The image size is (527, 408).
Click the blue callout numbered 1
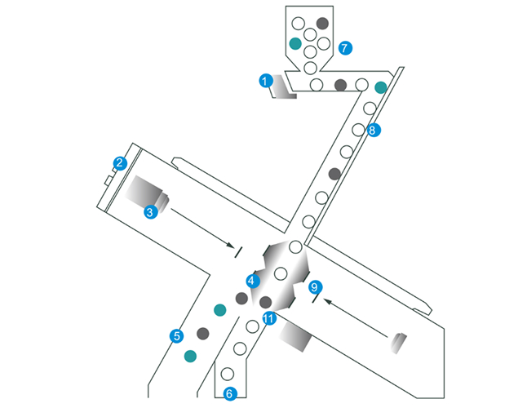pyautogui.click(x=266, y=81)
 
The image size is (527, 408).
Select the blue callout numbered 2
pyautogui.click(x=120, y=163)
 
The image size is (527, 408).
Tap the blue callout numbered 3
pyautogui.click(x=151, y=212)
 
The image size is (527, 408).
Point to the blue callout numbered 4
pyautogui.click(x=253, y=281)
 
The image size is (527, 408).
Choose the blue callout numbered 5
pyautogui.click(x=177, y=335)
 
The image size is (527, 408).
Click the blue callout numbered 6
pyautogui.click(x=230, y=393)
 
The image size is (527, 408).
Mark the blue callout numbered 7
pyautogui.click(x=345, y=47)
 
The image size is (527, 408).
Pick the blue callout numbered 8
pyautogui.click(x=374, y=130)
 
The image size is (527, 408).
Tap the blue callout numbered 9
pyautogui.click(x=315, y=287)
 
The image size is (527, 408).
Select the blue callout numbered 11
pyautogui.click(x=269, y=318)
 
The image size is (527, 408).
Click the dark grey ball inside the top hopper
pyautogui.click(x=322, y=23)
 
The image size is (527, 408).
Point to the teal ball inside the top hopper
pyautogui.click(x=295, y=43)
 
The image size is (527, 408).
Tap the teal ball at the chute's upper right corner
pyautogui.click(x=381, y=87)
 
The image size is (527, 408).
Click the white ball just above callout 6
pyautogui.click(x=228, y=374)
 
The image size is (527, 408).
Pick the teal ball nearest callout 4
pyautogui.click(x=219, y=310)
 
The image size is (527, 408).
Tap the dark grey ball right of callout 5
pyautogui.click(x=202, y=334)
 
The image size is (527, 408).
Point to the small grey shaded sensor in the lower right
pyautogui.click(x=399, y=343)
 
